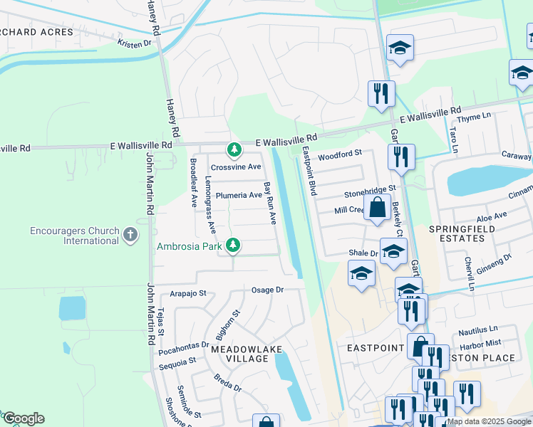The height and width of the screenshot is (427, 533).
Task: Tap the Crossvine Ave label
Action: tap(236, 167)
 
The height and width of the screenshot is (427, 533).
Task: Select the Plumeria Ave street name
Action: tap(239, 195)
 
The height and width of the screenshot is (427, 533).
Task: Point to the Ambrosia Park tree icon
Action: tap(232, 246)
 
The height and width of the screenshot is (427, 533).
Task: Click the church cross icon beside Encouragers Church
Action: tap(130, 235)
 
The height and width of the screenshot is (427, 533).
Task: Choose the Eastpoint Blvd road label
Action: tap(309, 172)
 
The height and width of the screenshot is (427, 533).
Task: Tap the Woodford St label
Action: tap(340, 153)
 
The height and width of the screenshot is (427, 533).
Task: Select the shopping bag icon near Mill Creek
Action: tap(377, 208)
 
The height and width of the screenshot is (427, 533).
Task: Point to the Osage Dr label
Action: tap(268, 290)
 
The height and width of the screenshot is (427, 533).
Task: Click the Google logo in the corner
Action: tap(23, 418)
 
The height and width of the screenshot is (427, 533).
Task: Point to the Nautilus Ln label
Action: tap(478, 330)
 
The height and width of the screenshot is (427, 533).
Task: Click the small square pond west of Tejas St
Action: tap(72, 309)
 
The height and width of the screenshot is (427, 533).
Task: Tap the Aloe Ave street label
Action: tap(491, 215)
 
